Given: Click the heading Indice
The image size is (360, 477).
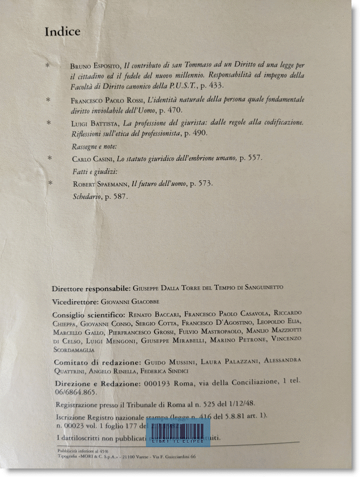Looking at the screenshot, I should click(x=62, y=31).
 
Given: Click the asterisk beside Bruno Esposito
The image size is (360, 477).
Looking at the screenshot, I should click(x=48, y=65).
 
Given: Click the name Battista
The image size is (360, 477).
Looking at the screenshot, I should click(x=102, y=123).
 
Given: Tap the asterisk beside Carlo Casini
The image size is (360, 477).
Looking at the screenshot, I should click(x=50, y=158).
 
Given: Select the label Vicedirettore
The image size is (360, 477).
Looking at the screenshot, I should click(x=75, y=301).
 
